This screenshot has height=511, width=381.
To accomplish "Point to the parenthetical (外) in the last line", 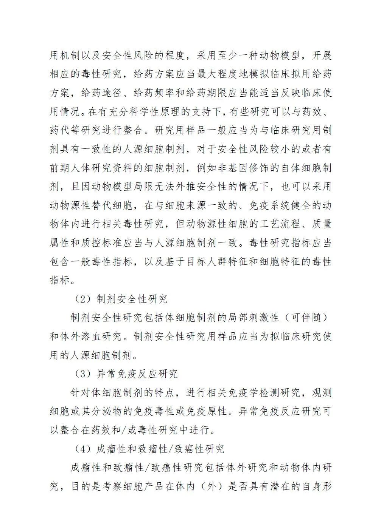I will click(210, 486).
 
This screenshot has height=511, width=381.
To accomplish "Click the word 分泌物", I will click(111, 411).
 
